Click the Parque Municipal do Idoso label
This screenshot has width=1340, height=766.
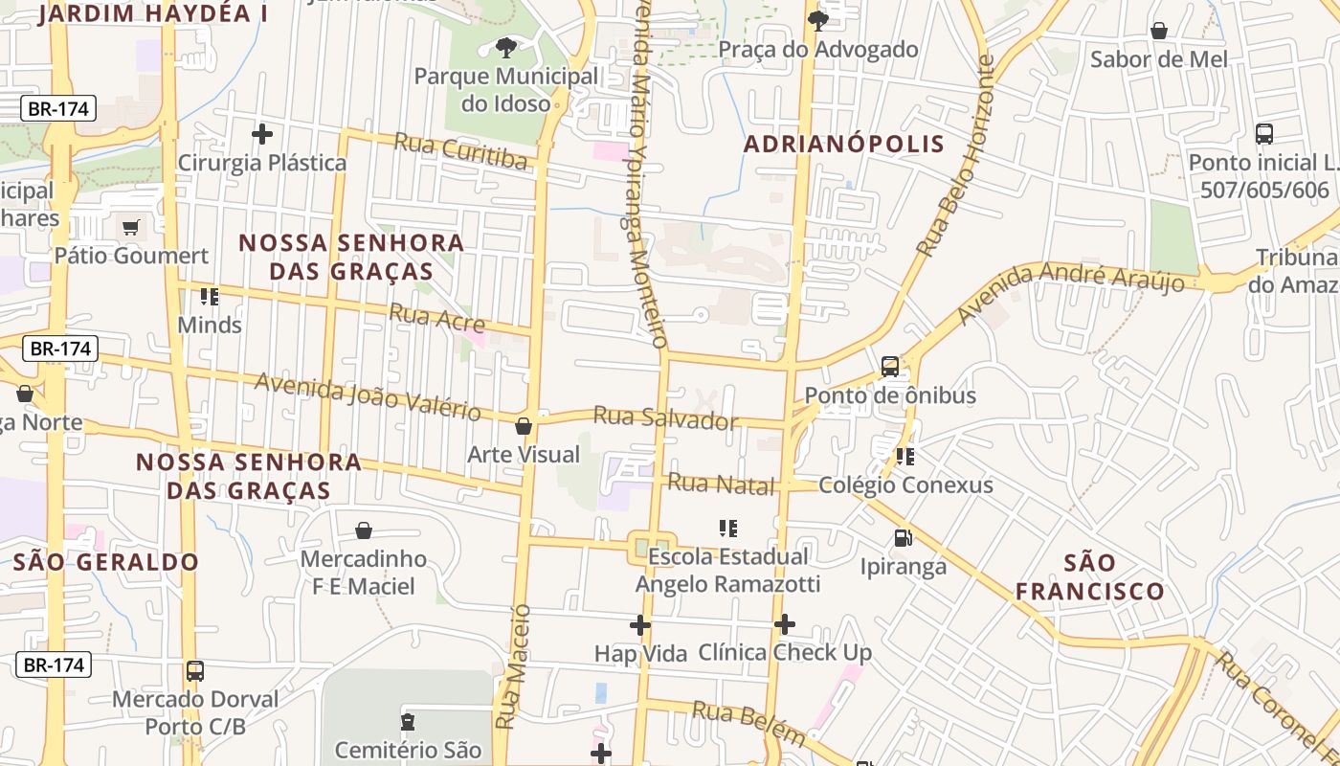click(x=506, y=89)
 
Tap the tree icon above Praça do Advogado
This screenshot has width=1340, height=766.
click(x=817, y=20)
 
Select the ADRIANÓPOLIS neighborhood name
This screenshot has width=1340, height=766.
click(x=844, y=145)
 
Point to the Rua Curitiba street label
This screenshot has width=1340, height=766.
click(x=461, y=151)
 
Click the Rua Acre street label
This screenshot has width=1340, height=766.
click(x=436, y=318)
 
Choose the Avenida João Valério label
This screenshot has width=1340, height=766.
click(x=368, y=396)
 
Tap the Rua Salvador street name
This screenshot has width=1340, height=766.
click(x=666, y=419)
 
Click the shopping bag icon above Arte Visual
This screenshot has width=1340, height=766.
click(x=524, y=426)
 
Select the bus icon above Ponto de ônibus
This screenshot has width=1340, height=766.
click(x=890, y=366)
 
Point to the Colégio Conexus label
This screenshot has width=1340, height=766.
click(x=905, y=485)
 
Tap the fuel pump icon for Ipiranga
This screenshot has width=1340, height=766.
click(x=903, y=538)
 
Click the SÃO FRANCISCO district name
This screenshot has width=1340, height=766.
click(x=1089, y=576)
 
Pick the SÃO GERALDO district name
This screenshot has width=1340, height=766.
click(x=106, y=562)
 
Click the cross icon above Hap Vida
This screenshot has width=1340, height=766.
click(x=640, y=626)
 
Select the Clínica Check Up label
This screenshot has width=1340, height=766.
click(x=785, y=653)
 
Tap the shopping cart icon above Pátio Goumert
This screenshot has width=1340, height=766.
click(x=131, y=228)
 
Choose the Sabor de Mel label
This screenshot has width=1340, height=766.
click(x=1158, y=59)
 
